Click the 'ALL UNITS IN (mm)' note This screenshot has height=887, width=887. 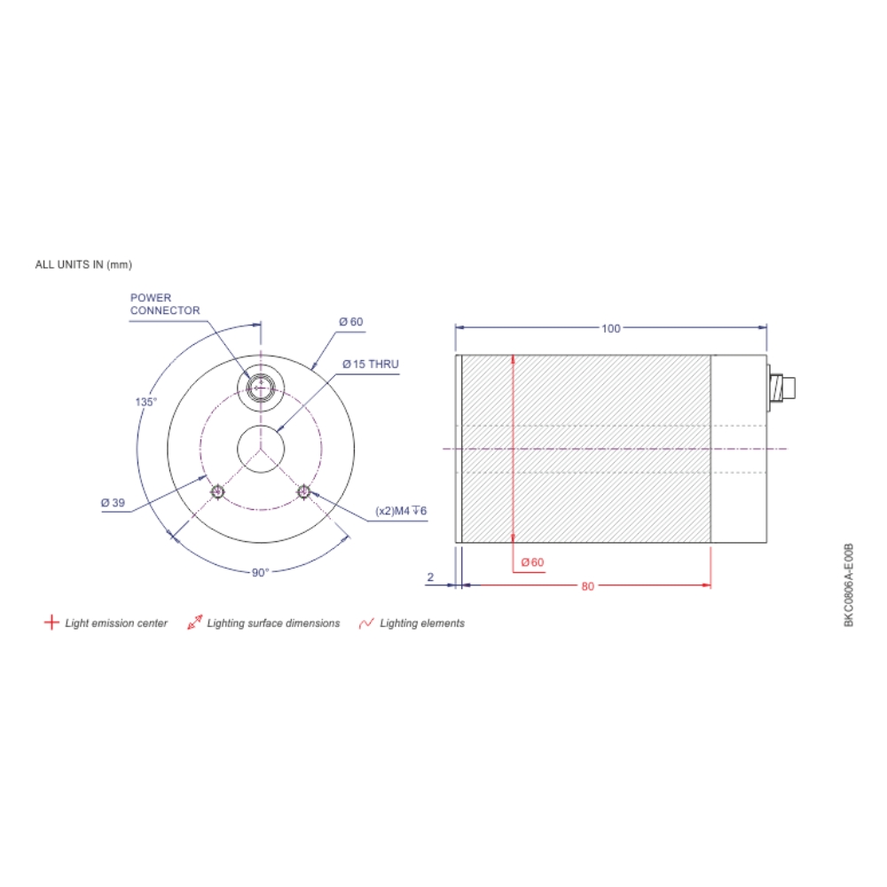click(x=83, y=264)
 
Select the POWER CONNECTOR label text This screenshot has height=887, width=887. click(x=165, y=304)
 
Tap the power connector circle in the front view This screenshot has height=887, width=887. click(x=260, y=387)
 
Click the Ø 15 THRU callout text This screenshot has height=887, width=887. click(x=371, y=365)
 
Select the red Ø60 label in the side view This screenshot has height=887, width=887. click(x=532, y=562)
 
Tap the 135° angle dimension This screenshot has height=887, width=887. click(x=145, y=401)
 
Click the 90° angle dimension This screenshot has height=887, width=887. click(x=259, y=573)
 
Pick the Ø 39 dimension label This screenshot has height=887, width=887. click(x=113, y=503)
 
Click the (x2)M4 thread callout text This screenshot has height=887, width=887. click(x=402, y=512)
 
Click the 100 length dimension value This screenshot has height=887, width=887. click(x=610, y=328)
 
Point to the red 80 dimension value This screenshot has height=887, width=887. click(x=587, y=586)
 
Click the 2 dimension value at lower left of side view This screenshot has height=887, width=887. click(x=430, y=577)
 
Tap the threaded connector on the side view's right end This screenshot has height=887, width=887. click(x=782, y=387)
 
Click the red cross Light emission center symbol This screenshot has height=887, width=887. click(x=51, y=623)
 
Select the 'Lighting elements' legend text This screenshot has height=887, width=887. click(x=422, y=624)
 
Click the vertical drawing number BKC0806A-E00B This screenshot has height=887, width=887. click(x=848, y=585)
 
